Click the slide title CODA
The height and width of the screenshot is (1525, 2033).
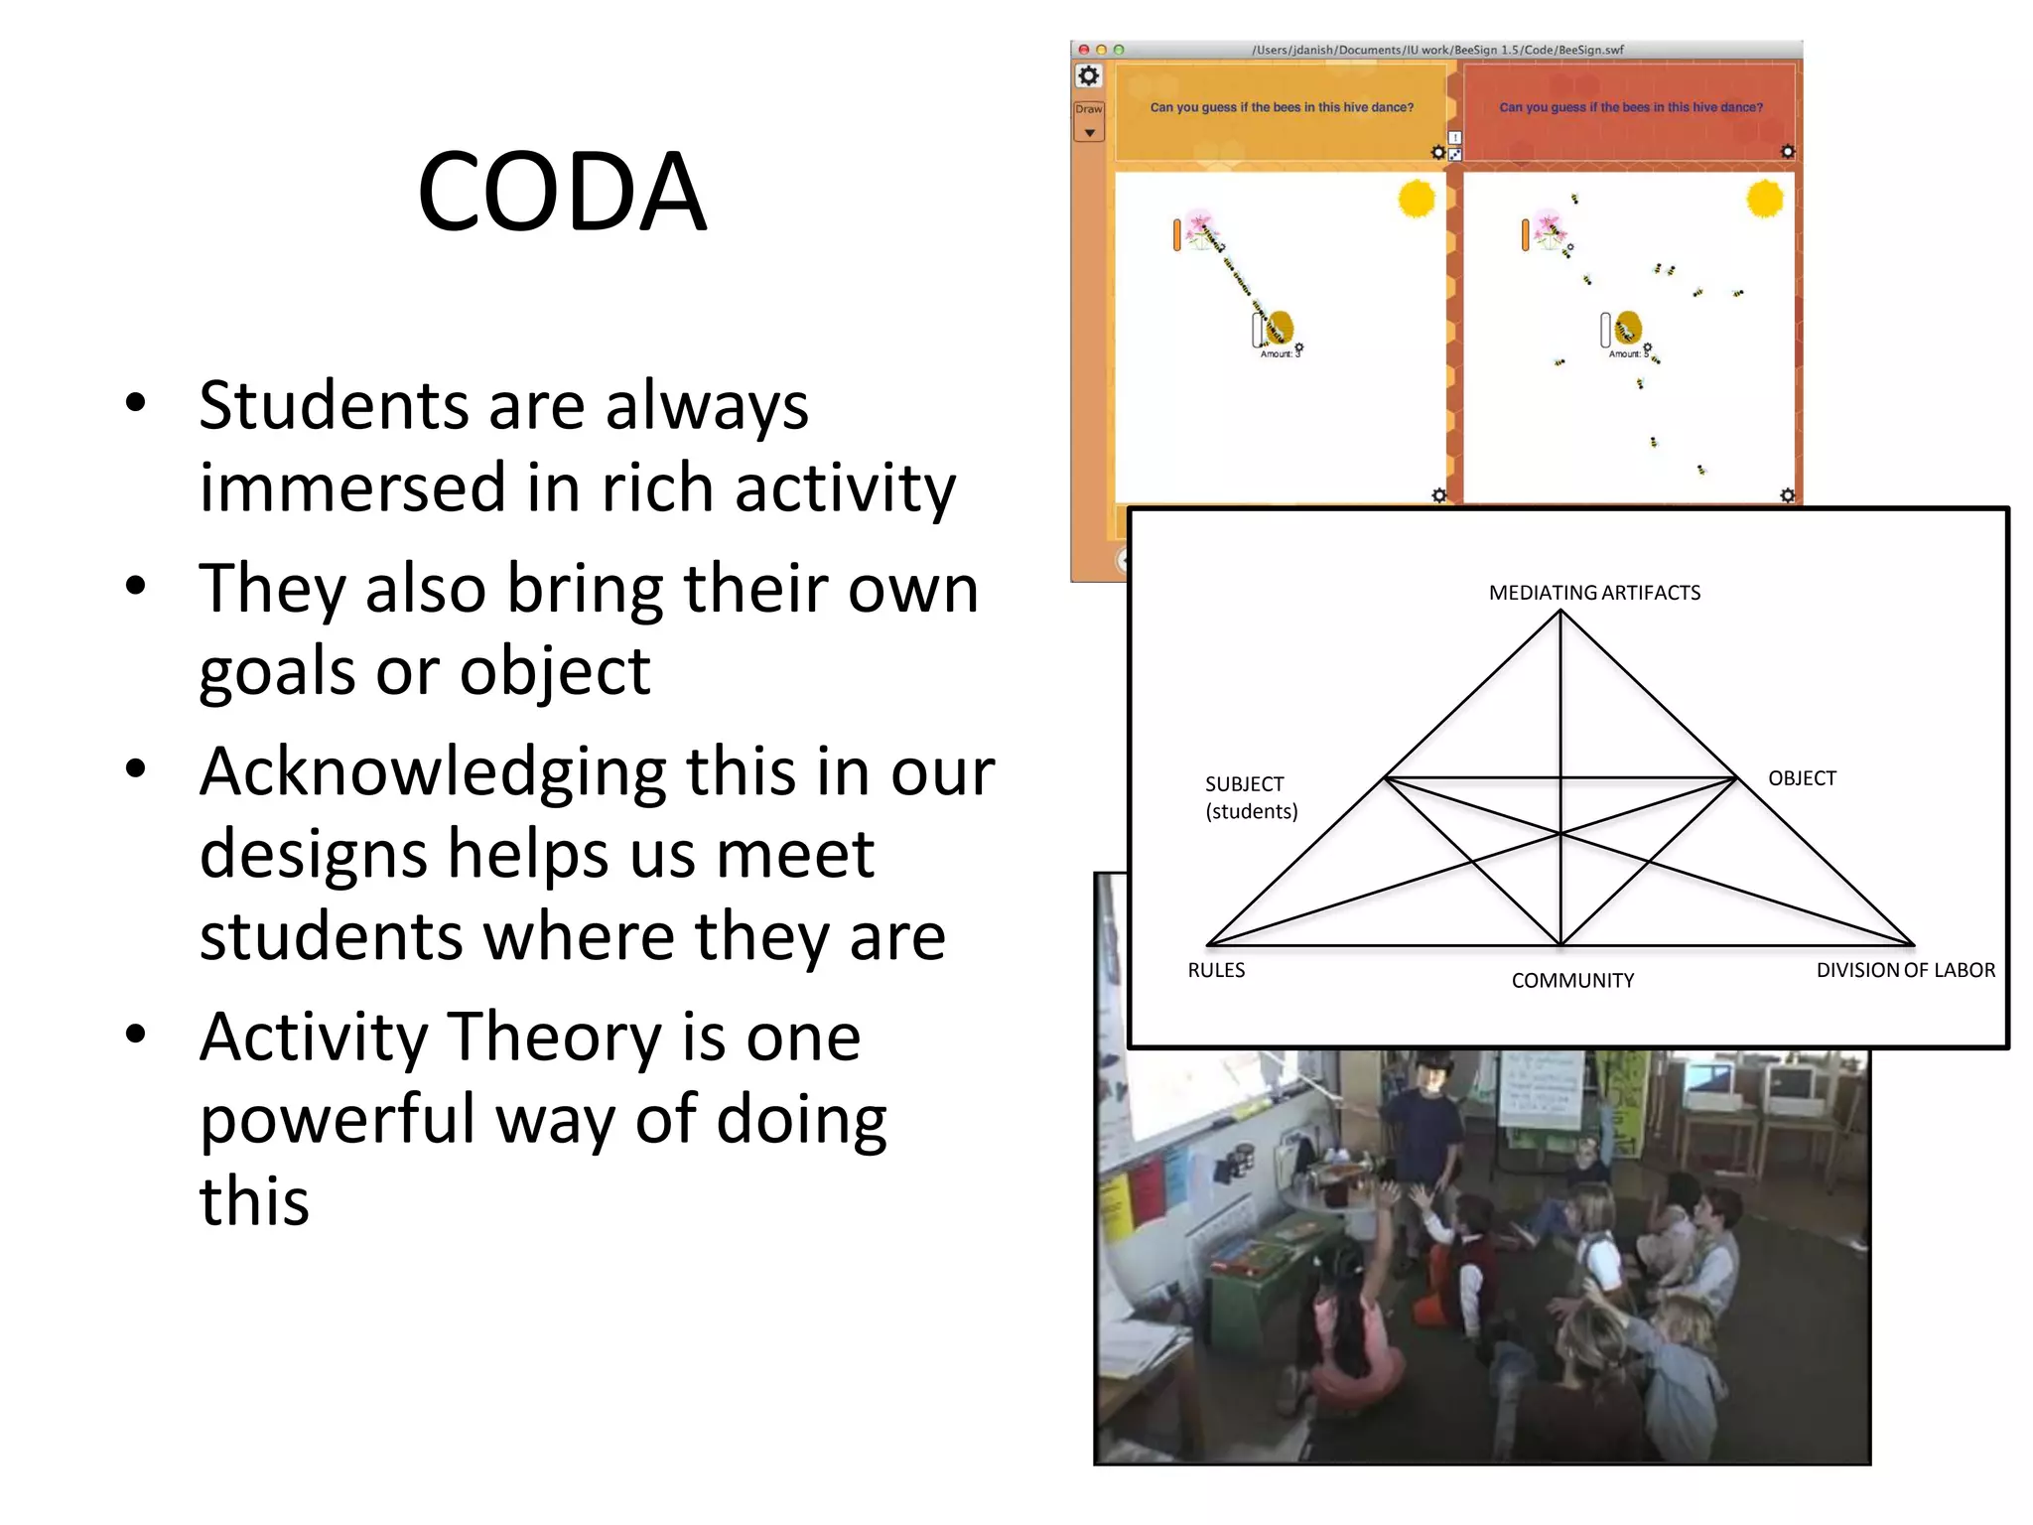562,192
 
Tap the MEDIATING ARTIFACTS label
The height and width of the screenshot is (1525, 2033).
1594,593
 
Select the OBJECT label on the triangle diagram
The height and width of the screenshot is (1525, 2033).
1802,778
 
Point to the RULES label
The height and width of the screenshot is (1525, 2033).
1216,970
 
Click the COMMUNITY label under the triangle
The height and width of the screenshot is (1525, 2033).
1572,981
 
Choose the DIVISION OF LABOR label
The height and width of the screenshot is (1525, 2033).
1905,970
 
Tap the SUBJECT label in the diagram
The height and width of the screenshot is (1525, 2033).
1244,784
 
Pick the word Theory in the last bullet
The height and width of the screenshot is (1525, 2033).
556,1038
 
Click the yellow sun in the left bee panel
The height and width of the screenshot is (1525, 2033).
1417,199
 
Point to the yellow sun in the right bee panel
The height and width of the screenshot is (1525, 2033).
1765,199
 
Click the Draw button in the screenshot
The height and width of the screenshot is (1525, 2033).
1089,109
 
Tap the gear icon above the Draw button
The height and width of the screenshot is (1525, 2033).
1089,76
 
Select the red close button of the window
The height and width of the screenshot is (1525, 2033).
1084,50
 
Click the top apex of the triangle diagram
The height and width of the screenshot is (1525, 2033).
1560,612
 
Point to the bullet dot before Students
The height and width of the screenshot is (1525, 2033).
136,403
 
